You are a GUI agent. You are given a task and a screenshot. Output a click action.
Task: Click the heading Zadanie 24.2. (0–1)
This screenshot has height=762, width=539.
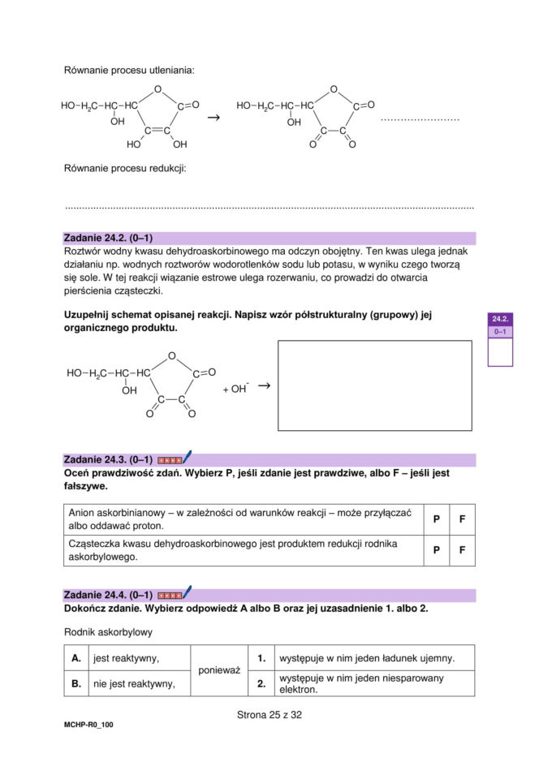click(108, 238)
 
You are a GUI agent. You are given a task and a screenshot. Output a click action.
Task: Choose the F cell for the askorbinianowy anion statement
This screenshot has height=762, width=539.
click(462, 519)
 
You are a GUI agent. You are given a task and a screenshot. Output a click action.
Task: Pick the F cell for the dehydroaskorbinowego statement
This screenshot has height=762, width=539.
click(462, 549)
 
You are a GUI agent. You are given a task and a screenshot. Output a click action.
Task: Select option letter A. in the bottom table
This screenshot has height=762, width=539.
click(76, 658)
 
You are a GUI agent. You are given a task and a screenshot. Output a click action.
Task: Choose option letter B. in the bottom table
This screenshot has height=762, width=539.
click(76, 683)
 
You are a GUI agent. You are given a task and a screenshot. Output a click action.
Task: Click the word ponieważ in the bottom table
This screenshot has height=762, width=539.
click(218, 670)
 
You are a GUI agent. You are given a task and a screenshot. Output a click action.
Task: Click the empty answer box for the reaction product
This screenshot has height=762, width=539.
click(374, 385)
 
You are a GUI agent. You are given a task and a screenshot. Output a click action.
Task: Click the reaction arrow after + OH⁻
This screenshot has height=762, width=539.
click(263, 386)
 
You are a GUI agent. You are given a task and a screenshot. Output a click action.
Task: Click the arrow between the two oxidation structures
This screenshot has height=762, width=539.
click(213, 118)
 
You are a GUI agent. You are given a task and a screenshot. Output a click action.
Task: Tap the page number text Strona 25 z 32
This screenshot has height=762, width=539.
click(269, 715)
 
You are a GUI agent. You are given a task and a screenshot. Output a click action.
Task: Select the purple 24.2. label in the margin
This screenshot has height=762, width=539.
click(500, 320)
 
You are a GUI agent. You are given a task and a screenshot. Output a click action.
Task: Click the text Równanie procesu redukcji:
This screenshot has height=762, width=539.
click(125, 169)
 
